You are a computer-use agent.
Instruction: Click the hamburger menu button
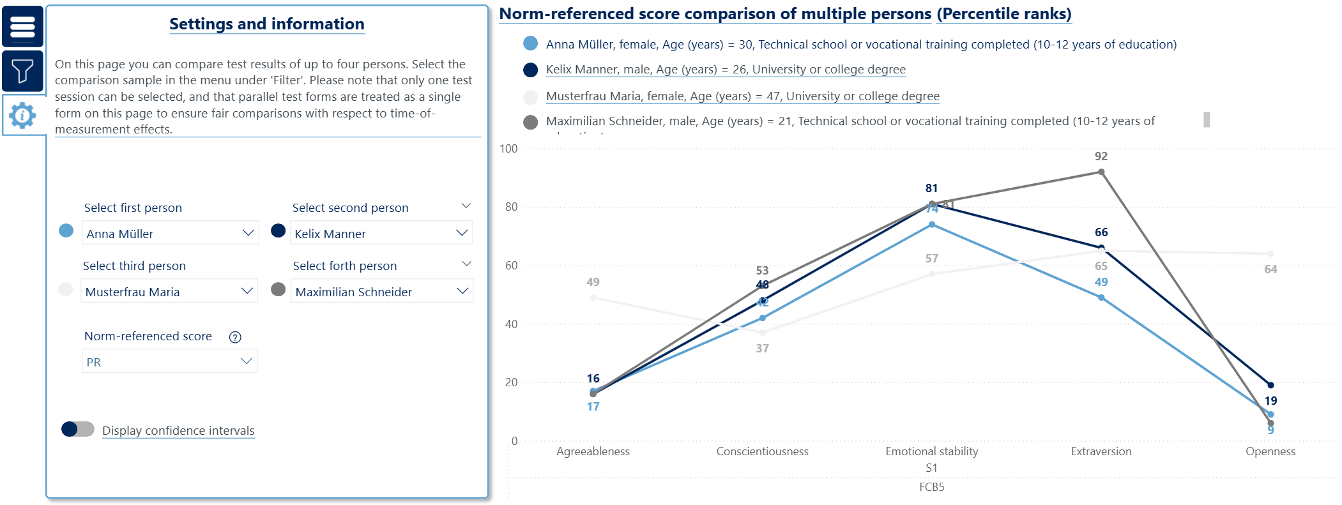22,26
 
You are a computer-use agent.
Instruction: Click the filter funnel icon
22,71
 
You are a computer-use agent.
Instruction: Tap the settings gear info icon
22,116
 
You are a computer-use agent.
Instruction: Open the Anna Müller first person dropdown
170,234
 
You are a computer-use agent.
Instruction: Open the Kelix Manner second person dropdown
381,234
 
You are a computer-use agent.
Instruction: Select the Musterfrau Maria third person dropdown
169,292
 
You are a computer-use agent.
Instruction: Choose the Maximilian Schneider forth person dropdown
381,292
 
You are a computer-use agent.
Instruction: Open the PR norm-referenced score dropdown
169,361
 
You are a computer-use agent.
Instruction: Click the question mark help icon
235,337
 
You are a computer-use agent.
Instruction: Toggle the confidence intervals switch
77,430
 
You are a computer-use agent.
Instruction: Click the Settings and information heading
266,24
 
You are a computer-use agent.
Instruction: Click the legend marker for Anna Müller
530,43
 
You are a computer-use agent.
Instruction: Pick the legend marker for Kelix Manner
530,70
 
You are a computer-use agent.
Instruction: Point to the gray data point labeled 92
1101,172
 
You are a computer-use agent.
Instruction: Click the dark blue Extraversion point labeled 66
1101,248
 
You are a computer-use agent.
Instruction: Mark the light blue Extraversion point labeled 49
1101,298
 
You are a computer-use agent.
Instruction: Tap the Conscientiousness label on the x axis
762,451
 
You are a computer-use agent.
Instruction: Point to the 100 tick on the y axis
509,149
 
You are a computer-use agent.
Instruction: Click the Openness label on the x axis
1270,451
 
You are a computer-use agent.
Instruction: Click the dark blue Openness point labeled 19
1270,385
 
